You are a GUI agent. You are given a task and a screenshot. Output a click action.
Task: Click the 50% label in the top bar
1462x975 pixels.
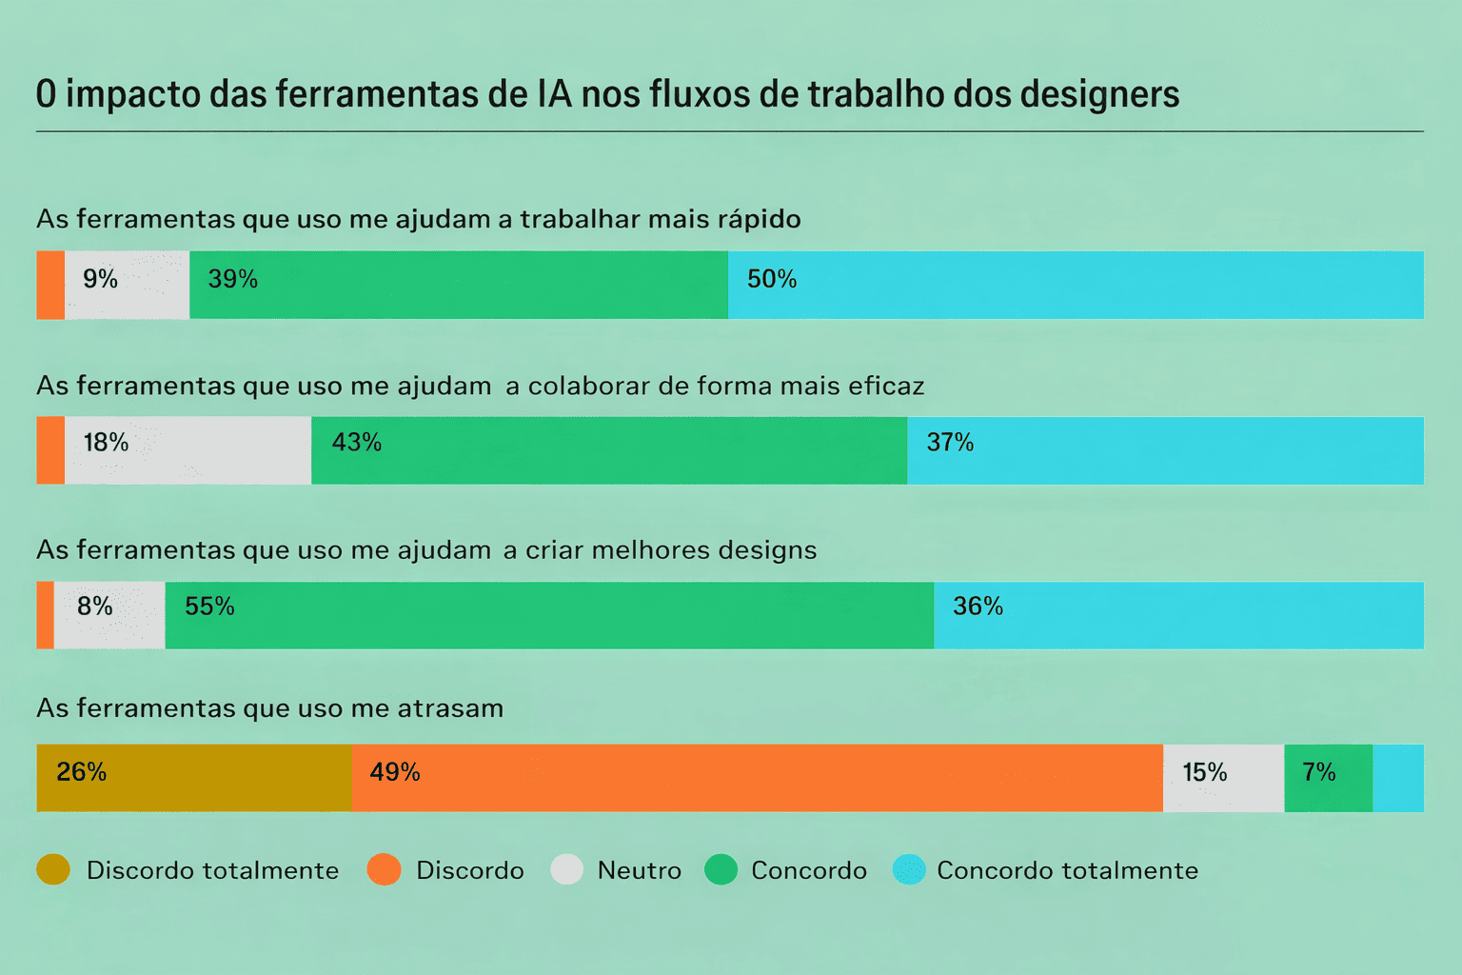[x=771, y=279]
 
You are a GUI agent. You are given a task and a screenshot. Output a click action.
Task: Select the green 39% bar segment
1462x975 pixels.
[x=459, y=285]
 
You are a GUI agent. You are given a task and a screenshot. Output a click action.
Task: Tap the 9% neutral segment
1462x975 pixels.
[x=127, y=285]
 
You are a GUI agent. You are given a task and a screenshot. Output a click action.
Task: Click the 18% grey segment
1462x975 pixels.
[x=188, y=450]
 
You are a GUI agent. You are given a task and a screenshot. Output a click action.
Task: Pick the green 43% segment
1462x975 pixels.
[x=609, y=450]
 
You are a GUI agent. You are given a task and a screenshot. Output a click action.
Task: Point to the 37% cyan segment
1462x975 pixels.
[x=1165, y=450]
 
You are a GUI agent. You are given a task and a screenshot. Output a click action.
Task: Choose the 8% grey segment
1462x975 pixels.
[x=109, y=615]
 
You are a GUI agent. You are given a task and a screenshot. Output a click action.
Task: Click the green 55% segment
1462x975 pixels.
[x=549, y=615]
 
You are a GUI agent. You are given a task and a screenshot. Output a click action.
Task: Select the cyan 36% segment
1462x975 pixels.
[x=1178, y=615]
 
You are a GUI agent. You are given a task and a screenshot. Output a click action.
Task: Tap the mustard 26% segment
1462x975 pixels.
[x=194, y=778]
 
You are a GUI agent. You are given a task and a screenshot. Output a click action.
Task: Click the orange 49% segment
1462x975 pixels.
[x=757, y=778]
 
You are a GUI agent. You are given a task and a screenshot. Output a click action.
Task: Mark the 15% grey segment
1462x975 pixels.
[x=1223, y=778]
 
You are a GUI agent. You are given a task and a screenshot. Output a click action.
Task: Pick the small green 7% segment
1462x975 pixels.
[x=1328, y=778]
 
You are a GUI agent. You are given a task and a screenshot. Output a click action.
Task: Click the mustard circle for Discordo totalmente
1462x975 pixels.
[x=53, y=869]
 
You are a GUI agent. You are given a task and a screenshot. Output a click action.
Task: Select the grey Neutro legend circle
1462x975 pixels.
[x=566, y=869]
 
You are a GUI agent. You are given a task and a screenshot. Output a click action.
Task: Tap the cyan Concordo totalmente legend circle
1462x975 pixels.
[x=909, y=869]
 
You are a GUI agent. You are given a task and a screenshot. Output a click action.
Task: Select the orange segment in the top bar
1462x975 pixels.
[x=50, y=285]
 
